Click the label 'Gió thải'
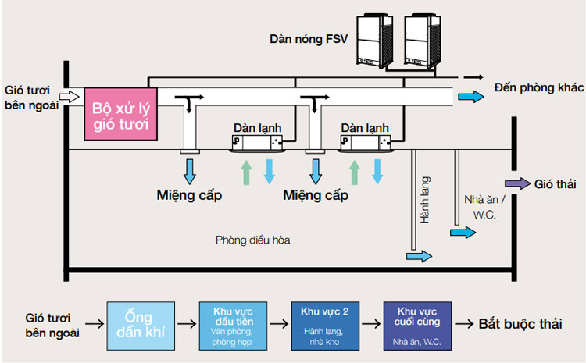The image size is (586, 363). tap(555, 184)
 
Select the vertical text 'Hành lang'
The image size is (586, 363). tap(426, 200)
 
